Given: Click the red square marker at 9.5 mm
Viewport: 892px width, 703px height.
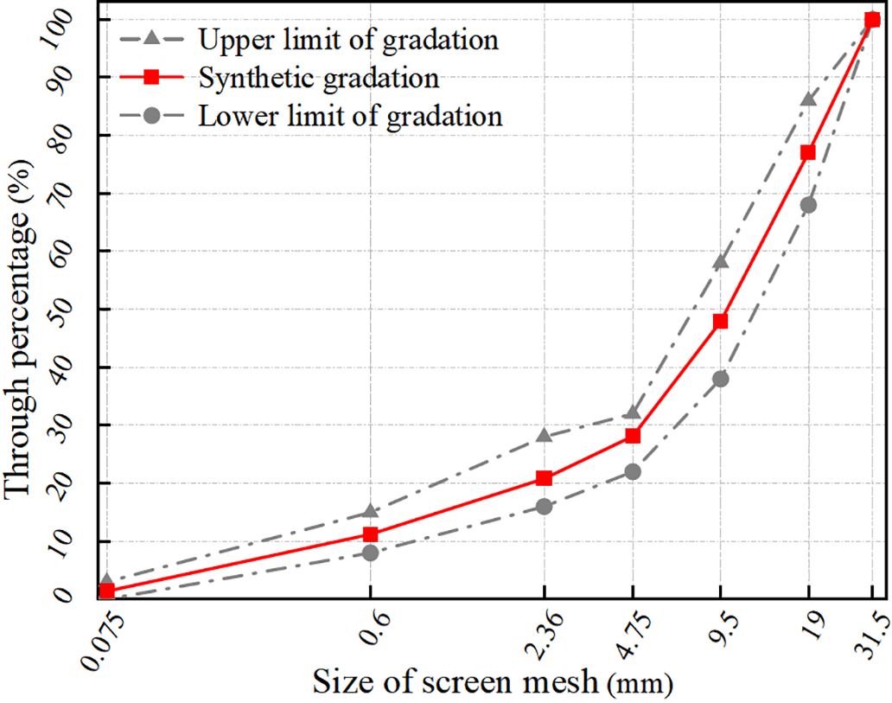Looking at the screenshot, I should (x=720, y=321).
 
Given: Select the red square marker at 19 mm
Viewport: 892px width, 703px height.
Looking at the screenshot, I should (x=808, y=152).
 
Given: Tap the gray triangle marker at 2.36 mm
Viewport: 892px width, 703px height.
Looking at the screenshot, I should (x=544, y=435).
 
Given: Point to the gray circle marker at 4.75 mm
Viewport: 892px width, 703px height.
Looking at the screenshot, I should (x=633, y=471).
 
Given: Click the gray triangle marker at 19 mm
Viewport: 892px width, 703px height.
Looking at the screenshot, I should (x=808, y=99).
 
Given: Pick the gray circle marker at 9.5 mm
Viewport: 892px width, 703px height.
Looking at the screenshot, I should (x=720, y=379).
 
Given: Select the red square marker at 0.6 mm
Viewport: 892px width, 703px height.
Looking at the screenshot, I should (x=370, y=534).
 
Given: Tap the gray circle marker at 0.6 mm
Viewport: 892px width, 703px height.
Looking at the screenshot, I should (x=370, y=553).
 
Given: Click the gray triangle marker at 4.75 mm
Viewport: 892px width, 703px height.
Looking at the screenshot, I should (x=633, y=413).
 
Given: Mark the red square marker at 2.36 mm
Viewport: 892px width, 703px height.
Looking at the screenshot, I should (x=544, y=478).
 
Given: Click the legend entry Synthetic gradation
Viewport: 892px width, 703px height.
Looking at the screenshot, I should (x=318, y=78).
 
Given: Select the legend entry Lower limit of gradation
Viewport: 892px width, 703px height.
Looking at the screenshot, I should (x=350, y=116).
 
